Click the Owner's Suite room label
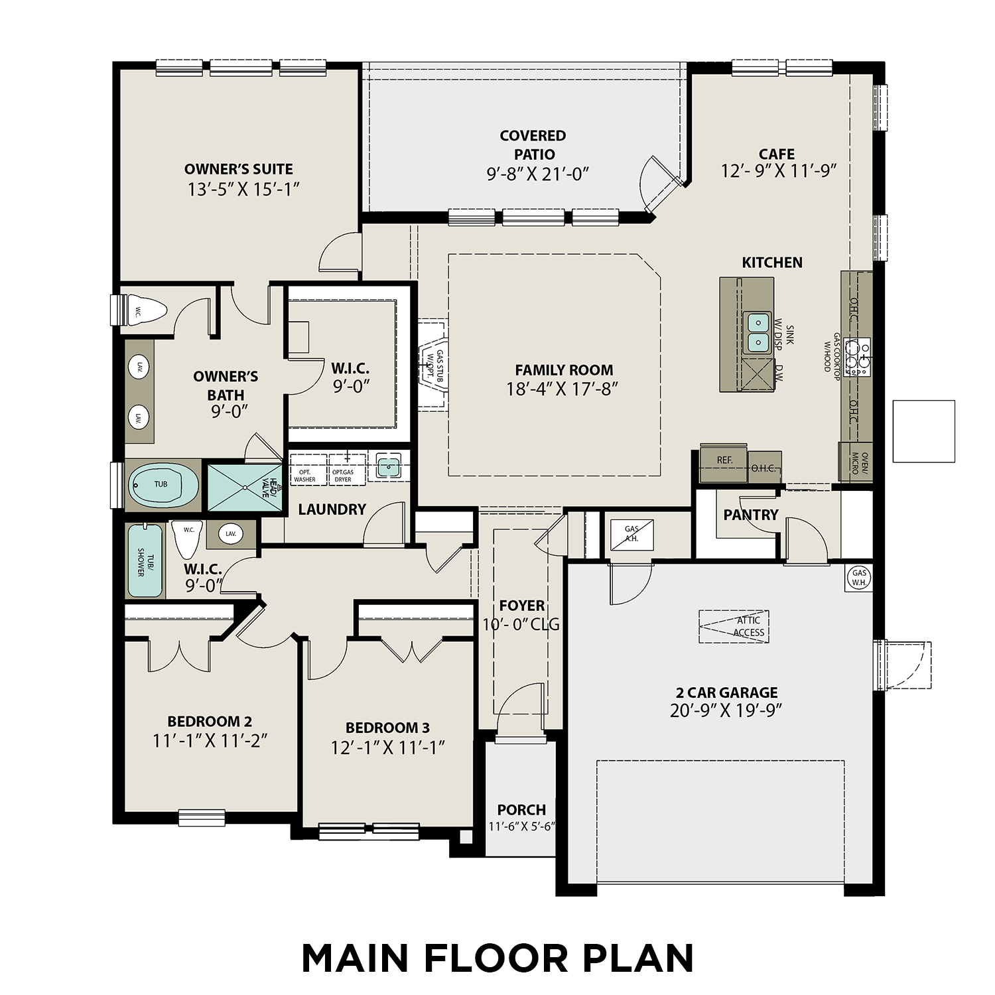pyautogui.click(x=238, y=169)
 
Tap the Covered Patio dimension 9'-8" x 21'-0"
pyautogui.click(x=538, y=174)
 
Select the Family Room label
pyautogui.click(x=564, y=370)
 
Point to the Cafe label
pyautogui.click(x=776, y=154)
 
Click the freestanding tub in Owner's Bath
pyautogui.click(x=163, y=484)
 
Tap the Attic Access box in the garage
pyautogui.click(x=734, y=627)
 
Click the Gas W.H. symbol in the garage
pyautogui.click(x=859, y=577)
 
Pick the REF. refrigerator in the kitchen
pyautogui.click(x=724, y=460)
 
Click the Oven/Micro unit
pyautogui.click(x=855, y=462)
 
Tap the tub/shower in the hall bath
pyautogui.click(x=145, y=561)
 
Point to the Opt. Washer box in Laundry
pyautogui.click(x=308, y=470)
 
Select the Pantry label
pyautogui.click(x=750, y=515)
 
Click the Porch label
pyautogui.click(x=521, y=810)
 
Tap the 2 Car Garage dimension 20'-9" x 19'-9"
pyautogui.click(x=726, y=710)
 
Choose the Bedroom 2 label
pyautogui.click(x=210, y=721)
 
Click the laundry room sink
pyautogui.click(x=389, y=466)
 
